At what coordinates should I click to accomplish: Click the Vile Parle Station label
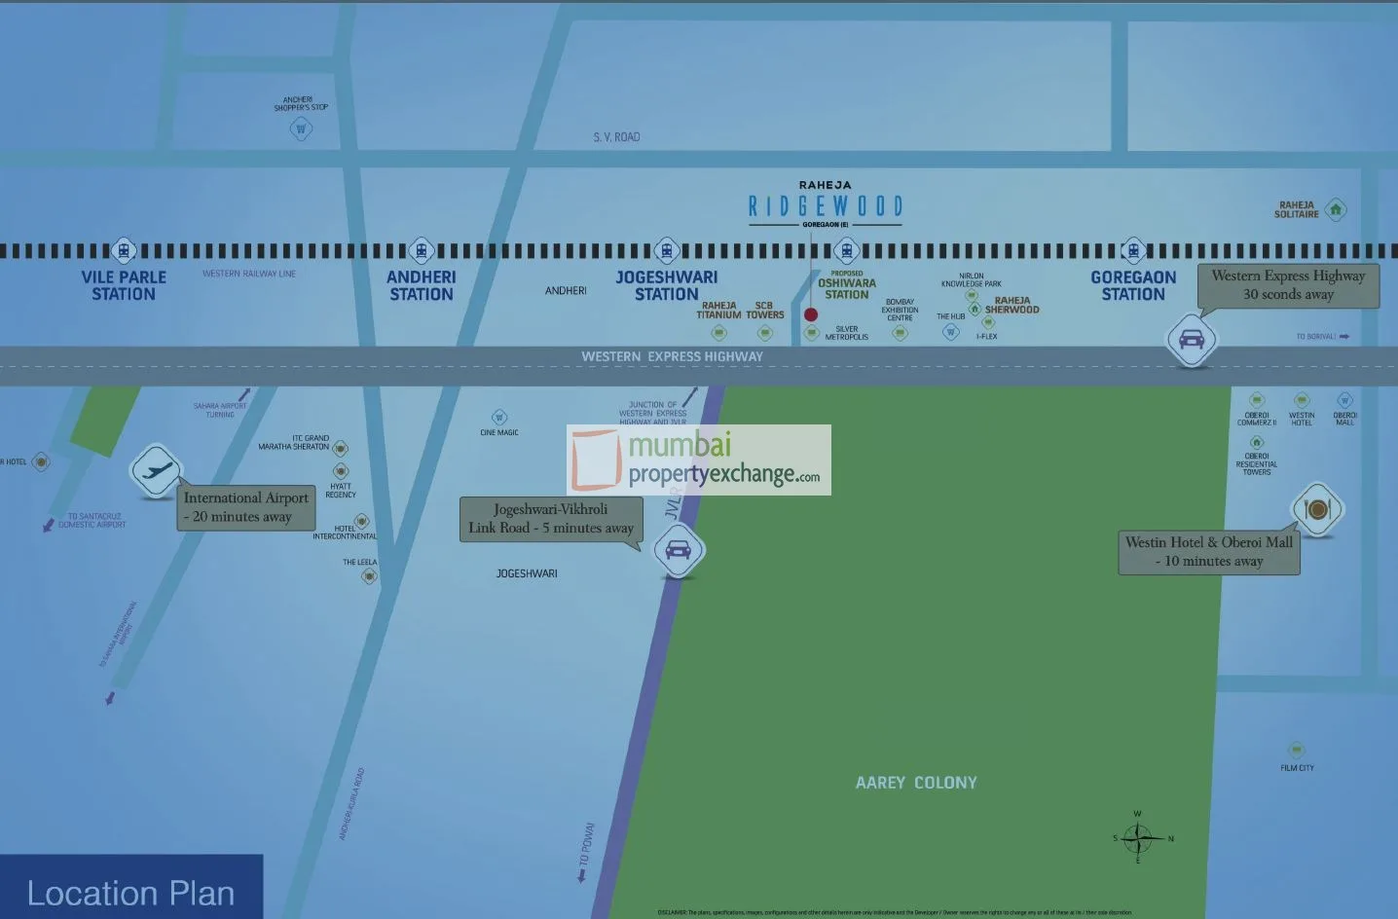pos(124,285)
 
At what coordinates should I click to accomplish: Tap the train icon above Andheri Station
pos(421,251)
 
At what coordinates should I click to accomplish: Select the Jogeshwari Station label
pos(667,285)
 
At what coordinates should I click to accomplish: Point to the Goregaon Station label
pos(1133,285)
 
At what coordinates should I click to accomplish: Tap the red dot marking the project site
pos(811,314)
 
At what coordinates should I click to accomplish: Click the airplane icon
pos(156,471)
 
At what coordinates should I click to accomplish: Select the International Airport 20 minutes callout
pos(246,507)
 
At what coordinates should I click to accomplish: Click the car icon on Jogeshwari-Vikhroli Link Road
pos(678,550)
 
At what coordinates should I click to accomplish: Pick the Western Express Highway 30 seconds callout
pos(1288,285)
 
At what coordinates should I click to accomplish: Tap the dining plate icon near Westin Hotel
pos(1316,508)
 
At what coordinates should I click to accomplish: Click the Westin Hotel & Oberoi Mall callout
pos(1209,552)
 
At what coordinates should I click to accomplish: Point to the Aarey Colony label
pos(916,783)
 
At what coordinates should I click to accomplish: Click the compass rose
pos(1138,837)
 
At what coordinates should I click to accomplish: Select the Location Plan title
pos(130,893)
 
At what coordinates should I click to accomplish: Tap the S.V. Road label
pos(616,137)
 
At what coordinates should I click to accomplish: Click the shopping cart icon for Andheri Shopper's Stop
pos(301,128)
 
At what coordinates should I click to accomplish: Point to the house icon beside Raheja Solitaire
pos(1336,209)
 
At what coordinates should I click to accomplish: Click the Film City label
pos(1297,768)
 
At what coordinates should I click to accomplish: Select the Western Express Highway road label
pos(672,357)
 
